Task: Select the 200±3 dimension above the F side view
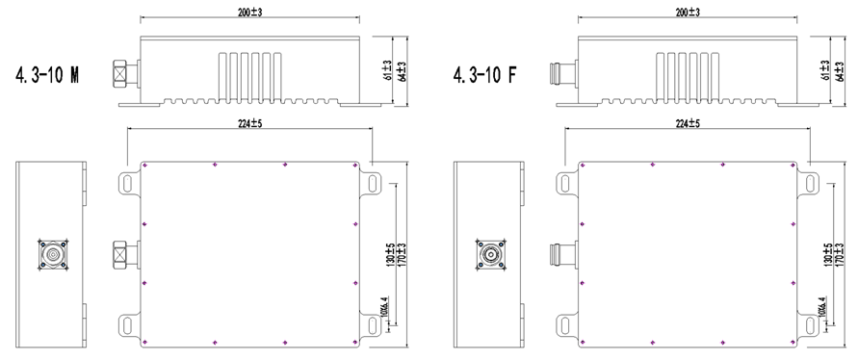tap(687, 13)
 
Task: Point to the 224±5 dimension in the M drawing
tap(249, 123)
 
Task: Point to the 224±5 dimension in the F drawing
tap(687, 123)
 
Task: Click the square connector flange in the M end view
tap(49, 254)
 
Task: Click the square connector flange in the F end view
tap(486, 254)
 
